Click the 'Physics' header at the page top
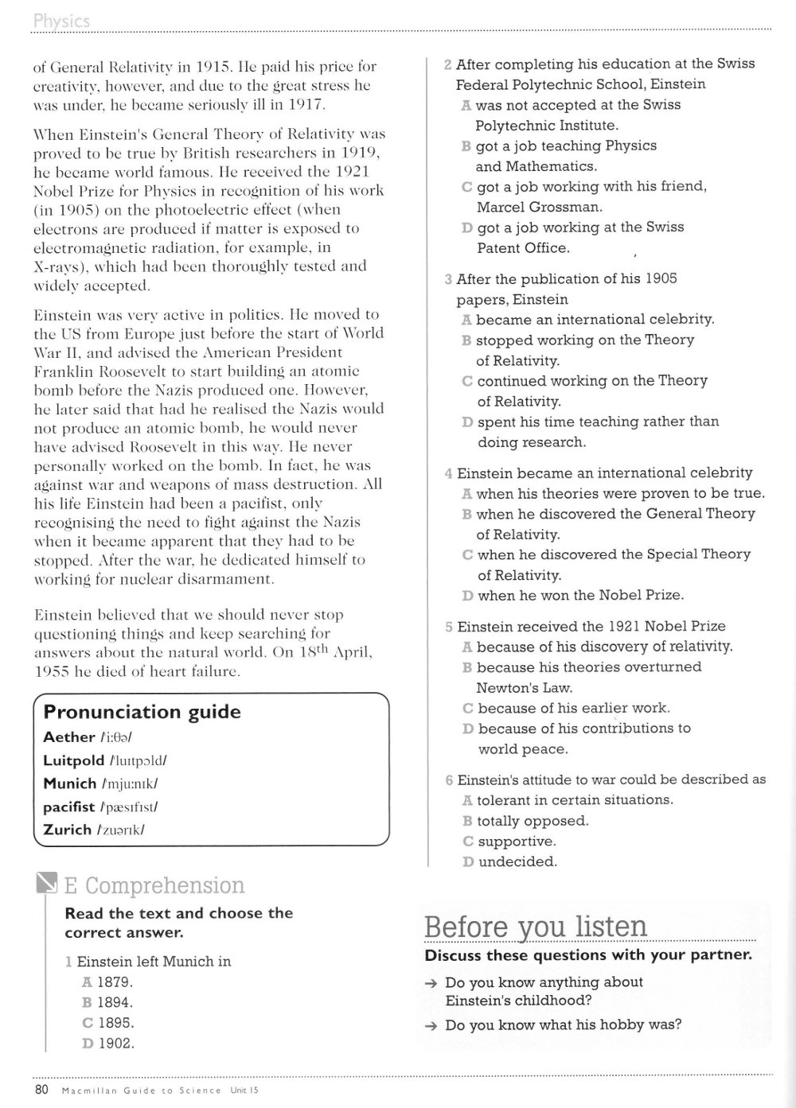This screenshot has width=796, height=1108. [61, 21]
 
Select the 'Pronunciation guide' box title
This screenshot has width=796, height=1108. [142, 712]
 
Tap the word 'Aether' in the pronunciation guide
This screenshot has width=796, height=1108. [69, 737]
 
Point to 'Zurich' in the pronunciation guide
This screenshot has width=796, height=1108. [68, 830]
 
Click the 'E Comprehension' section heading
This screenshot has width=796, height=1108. [154, 885]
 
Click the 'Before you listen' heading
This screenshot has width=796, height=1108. [536, 927]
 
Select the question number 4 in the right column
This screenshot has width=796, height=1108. [449, 474]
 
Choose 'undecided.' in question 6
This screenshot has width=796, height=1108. [517, 861]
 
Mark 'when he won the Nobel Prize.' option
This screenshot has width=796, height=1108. [580, 595]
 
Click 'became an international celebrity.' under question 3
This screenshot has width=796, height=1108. [595, 320]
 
